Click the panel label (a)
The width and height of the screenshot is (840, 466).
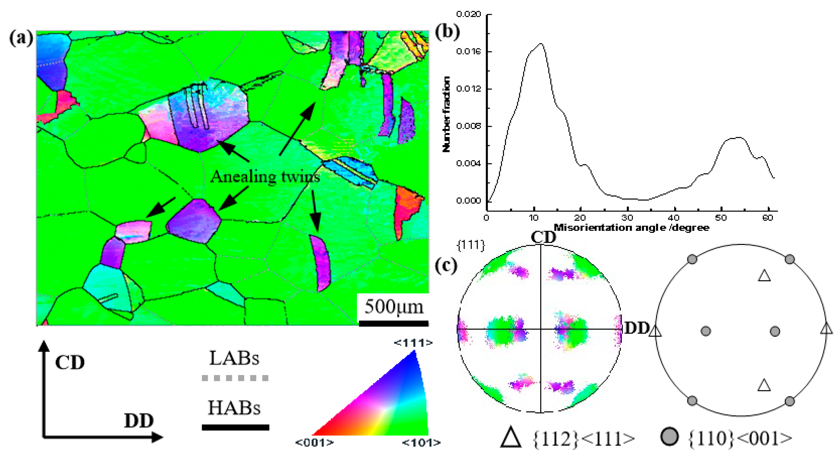pos(21,38)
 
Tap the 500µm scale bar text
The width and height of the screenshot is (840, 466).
pos(394,307)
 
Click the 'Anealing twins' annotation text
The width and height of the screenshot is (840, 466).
pos(265,177)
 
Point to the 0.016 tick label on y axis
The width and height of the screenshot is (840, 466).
pos(468,52)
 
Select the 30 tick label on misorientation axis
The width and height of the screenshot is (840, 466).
pos(627,218)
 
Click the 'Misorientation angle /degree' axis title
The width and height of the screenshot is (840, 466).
pos(631,228)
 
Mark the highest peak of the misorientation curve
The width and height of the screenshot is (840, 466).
pos(541,43)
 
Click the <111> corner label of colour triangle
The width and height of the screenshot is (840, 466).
pos(413,343)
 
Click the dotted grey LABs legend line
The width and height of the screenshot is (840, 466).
pos(235,378)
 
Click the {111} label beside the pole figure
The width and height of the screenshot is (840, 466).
pos(471,245)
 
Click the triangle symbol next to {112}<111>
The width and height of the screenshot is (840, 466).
pos(511,438)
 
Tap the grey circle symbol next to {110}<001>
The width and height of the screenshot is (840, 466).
pos(670,437)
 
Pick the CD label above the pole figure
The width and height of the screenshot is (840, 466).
pos(543,237)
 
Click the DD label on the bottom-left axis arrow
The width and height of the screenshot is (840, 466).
pos(139,421)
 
